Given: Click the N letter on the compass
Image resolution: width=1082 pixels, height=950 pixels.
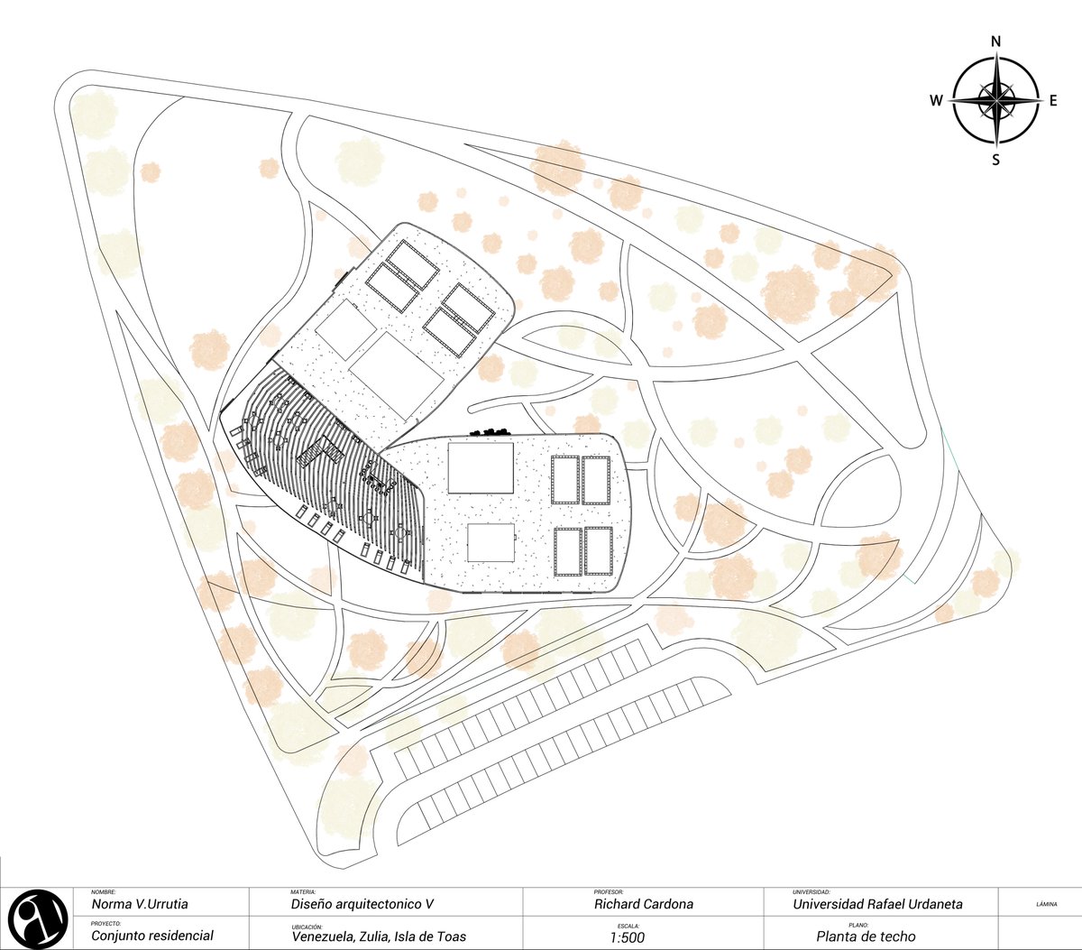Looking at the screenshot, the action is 995,42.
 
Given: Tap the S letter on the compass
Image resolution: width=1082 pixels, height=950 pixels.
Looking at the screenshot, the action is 995,160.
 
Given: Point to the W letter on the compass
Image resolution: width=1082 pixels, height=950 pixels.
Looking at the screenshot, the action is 936,100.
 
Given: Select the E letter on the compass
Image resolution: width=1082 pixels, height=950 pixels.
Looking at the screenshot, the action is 1053,100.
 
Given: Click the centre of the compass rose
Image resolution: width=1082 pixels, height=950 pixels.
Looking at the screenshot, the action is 996,100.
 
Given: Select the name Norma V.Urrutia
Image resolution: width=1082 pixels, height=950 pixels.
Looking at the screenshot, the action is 140,904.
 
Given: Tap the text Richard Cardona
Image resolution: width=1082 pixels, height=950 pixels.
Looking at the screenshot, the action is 644,904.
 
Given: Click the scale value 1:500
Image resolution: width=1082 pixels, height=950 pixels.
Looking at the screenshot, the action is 627,937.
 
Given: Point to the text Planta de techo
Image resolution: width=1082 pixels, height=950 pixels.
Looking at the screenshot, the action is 866,936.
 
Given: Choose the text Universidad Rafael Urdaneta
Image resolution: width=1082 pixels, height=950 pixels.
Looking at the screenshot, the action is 877,904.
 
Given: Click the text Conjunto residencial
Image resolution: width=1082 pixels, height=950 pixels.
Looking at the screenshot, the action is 152,936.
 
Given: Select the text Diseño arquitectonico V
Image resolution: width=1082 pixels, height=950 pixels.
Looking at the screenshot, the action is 362,904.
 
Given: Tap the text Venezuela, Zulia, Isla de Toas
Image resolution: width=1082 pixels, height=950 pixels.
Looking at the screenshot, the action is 379,936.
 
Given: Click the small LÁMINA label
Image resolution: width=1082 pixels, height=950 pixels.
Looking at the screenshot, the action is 1046,905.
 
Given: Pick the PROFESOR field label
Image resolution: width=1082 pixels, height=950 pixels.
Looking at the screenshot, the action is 609,892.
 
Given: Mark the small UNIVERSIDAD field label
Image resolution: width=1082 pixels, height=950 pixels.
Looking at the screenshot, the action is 811,892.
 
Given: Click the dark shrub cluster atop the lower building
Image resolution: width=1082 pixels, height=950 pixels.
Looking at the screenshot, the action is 489,431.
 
